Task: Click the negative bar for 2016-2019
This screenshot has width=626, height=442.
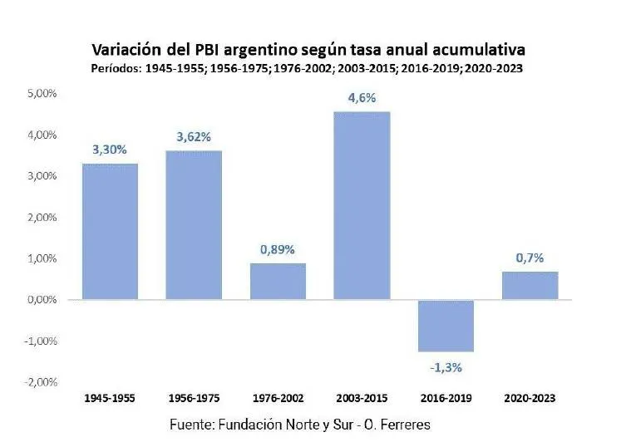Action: coord(446,326)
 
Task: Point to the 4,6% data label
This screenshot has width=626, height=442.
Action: coord(362,98)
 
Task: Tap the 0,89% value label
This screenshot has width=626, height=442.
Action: coord(278,248)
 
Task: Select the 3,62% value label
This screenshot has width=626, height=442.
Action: coord(193,136)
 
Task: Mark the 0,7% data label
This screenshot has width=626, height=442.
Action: coord(530,258)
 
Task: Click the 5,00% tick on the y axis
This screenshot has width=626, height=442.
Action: coord(41,94)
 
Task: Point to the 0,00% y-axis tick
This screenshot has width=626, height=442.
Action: coord(41,300)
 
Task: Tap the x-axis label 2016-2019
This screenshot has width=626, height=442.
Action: coord(446,399)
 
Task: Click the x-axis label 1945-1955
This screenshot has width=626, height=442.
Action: coord(110,399)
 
